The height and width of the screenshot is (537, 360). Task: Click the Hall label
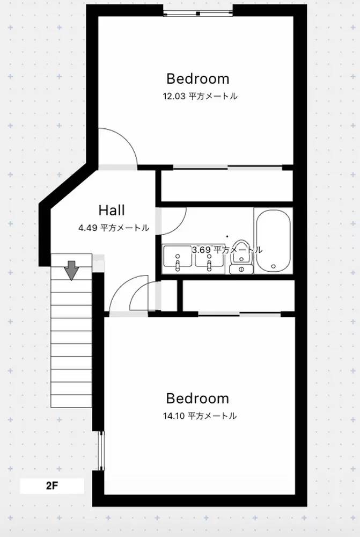112,211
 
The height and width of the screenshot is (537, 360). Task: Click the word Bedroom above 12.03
198,79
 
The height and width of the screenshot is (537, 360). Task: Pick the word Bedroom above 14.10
197,398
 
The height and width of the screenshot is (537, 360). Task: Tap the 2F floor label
52,485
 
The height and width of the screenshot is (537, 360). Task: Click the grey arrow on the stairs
71,270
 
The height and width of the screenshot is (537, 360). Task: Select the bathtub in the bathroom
274,241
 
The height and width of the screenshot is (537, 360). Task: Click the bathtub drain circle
274,266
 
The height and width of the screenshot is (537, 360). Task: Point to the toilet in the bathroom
241,257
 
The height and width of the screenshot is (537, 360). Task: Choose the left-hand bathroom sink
177,256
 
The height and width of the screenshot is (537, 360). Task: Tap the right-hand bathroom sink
209,256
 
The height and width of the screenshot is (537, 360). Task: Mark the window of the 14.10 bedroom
101,451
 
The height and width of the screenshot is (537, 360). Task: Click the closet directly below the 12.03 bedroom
227,186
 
